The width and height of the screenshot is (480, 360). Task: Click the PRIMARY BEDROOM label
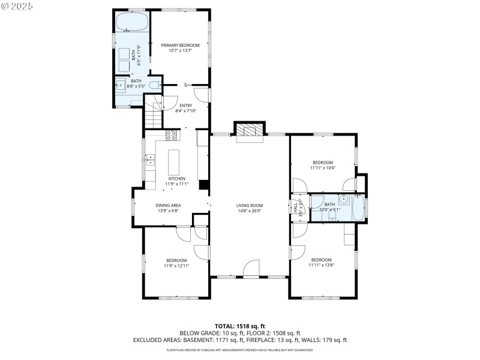click(180, 45)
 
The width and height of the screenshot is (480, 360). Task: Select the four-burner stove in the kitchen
click(170, 134)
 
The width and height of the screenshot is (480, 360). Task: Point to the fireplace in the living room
click(248, 130)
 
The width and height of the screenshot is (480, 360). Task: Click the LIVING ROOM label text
click(249, 205)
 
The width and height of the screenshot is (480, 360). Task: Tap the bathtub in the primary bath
click(131, 23)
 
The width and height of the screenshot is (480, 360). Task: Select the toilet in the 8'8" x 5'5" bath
click(155, 85)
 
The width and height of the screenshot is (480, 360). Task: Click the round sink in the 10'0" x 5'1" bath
click(343, 200)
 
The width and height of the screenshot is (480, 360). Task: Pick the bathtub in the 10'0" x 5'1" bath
click(359, 208)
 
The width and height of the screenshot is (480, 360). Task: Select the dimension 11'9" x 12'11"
click(176, 265)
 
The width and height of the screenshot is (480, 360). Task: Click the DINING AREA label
click(169, 205)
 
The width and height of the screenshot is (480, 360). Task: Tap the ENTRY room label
click(185, 106)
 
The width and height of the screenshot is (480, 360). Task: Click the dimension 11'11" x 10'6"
click(322, 168)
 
